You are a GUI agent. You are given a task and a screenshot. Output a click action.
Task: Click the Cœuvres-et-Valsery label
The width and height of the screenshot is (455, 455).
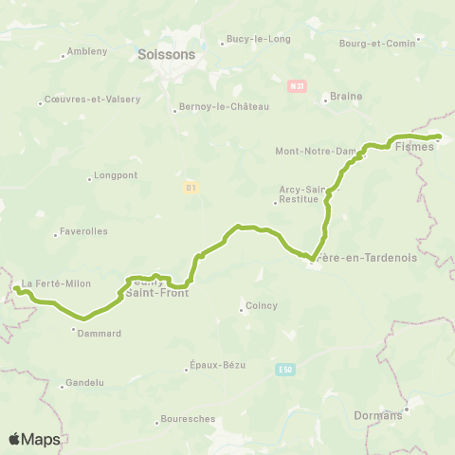click(x=92, y=100)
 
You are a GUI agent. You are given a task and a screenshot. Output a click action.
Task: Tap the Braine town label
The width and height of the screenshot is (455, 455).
click(x=341, y=96)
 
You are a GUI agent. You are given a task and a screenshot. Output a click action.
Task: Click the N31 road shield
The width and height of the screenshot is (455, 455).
click(x=298, y=86)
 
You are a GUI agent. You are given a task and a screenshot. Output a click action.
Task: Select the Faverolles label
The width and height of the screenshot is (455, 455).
click(x=85, y=230)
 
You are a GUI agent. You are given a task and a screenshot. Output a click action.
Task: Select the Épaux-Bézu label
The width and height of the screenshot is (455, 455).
click(x=215, y=368)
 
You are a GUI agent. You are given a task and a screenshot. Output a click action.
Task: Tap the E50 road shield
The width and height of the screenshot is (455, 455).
click(x=286, y=369)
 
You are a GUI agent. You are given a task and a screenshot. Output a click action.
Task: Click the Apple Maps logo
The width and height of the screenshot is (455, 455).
click(x=34, y=439)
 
